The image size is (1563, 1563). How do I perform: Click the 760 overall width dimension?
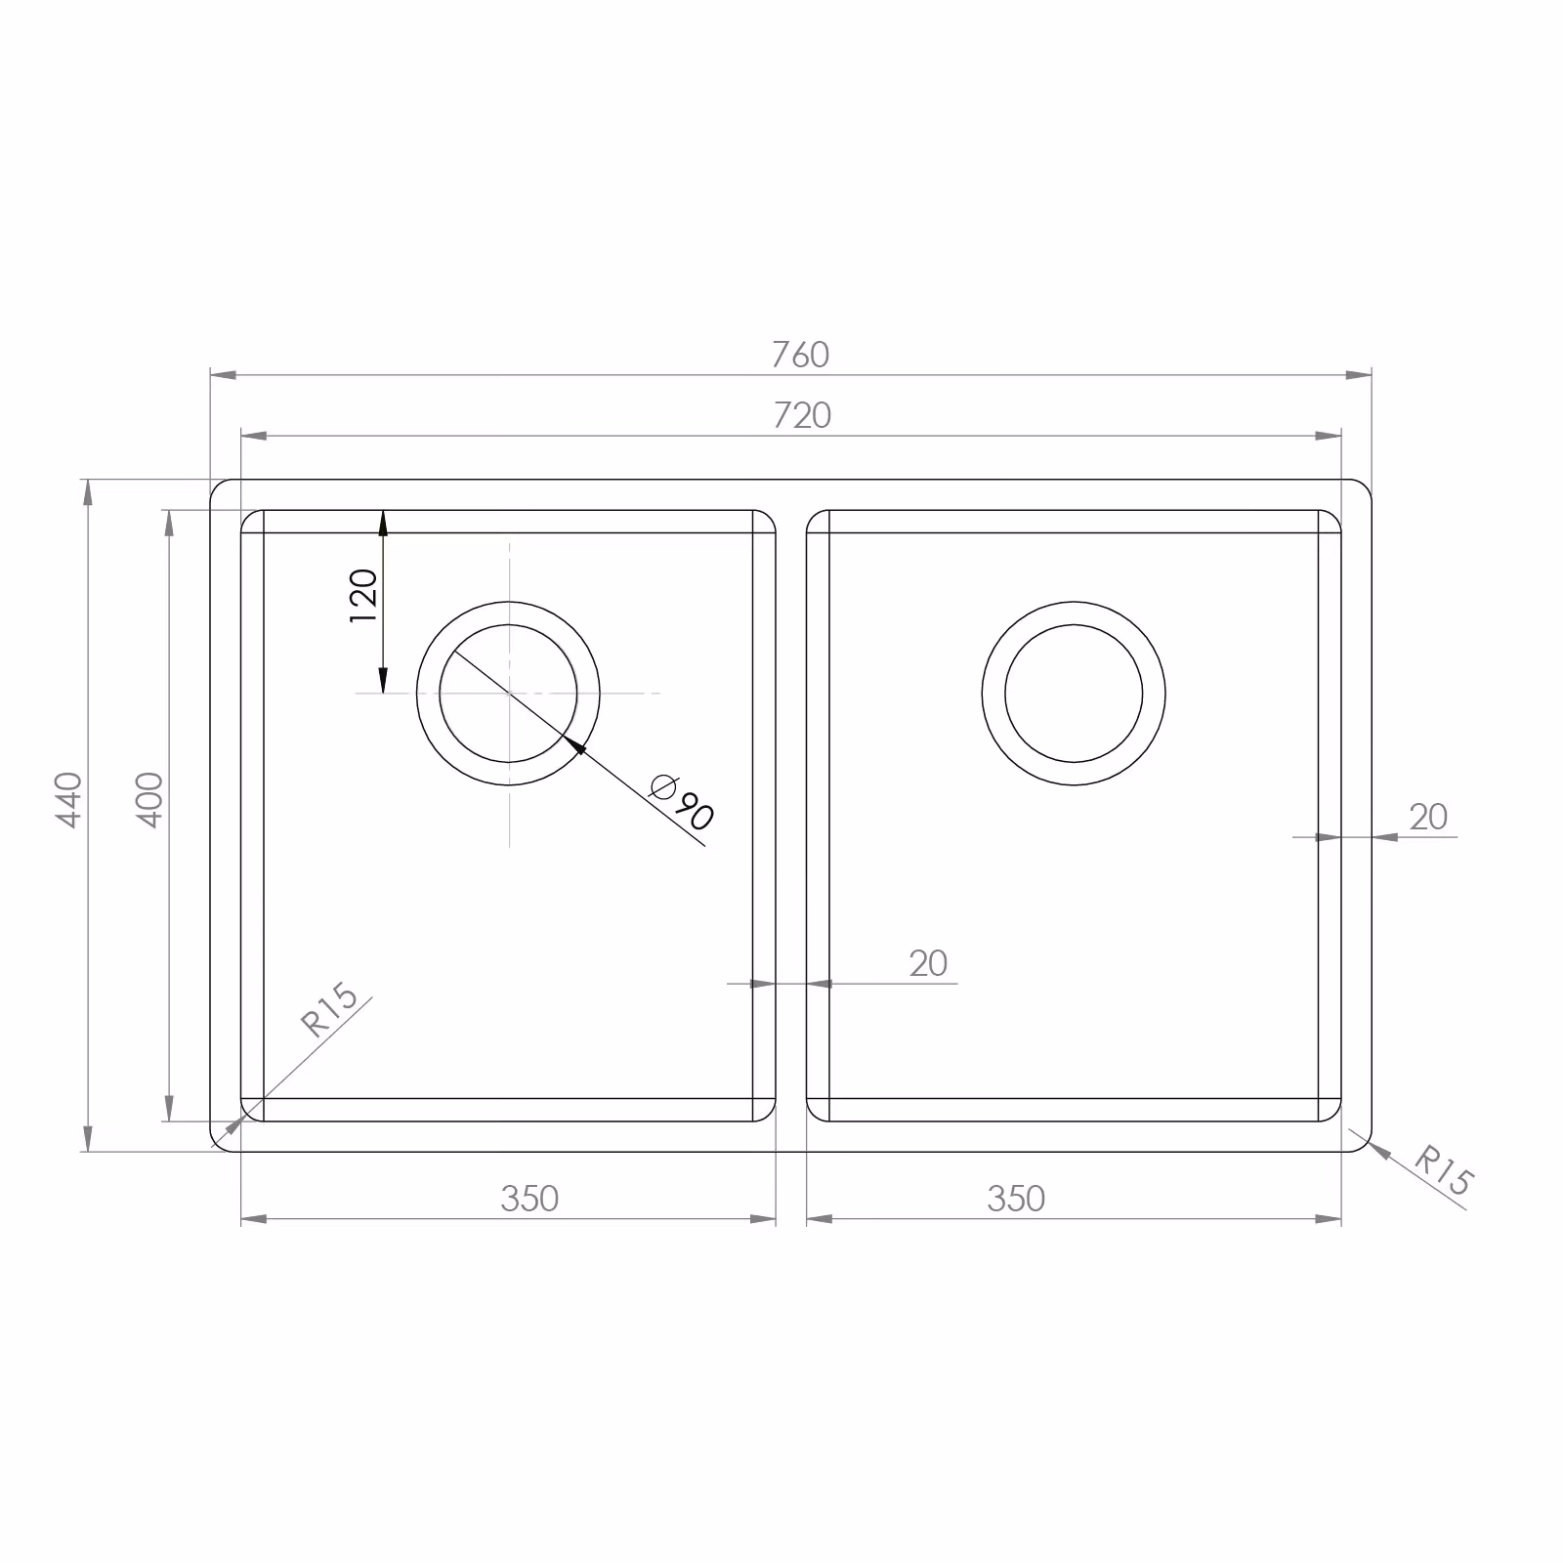pyautogui.click(x=800, y=355)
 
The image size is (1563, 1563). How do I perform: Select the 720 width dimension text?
pyautogui.click(x=802, y=416)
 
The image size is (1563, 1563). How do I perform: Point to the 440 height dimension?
pyautogui.click(x=68, y=799)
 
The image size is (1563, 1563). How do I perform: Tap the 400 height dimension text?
pyautogui.click(x=148, y=799)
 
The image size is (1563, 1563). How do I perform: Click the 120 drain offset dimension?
pyautogui.click(x=362, y=596)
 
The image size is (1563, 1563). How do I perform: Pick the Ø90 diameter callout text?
pyautogui.click(x=682, y=801)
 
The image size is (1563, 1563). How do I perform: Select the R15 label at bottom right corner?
pyautogui.click(x=1442, y=1170)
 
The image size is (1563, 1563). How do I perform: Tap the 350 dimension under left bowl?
pyautogui.click(x=529, y=1199)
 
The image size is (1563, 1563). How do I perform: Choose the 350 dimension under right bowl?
pyautogui.click(x=1016, y=1199)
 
